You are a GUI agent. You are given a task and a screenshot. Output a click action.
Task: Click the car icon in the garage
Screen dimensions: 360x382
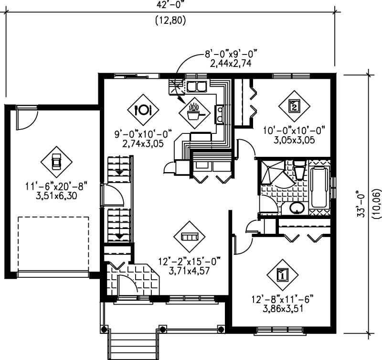[x=56, y=162]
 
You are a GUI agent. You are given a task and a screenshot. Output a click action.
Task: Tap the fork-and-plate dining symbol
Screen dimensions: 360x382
[x=143, y=109]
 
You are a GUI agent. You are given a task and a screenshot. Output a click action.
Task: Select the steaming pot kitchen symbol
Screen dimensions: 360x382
[x=194, y=113]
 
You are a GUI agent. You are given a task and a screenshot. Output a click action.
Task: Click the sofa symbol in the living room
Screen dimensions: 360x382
[x=189, y=237]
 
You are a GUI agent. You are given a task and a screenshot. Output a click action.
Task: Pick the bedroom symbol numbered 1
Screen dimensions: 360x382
[x=282, y=275]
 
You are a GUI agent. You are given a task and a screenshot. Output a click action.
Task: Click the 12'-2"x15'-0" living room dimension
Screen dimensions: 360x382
[x=191, y=262]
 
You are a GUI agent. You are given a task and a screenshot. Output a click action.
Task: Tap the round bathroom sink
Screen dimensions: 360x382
[x=297, y=208]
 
